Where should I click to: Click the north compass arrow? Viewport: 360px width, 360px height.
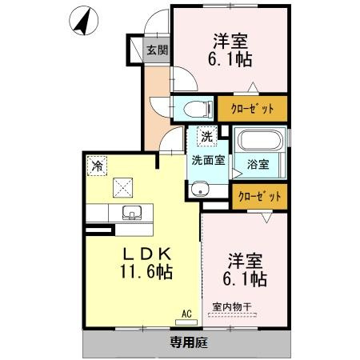click(82, 21)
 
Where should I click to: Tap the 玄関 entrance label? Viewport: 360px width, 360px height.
click(157, 50)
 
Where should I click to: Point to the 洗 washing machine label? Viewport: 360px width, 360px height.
click(207, 137)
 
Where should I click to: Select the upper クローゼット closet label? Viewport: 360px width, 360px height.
click(252, 108)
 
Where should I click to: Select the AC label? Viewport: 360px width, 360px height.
click(187, 314)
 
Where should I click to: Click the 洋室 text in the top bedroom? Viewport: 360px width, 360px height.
click(228, 39)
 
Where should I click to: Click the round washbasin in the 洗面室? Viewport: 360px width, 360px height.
click(198, 190)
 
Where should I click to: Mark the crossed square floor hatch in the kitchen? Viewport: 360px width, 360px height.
click(123, 186)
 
